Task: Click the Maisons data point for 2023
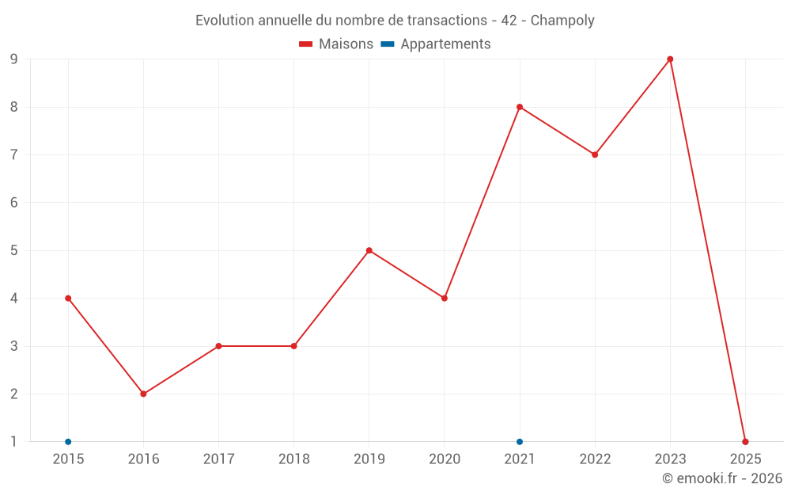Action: point(670,59)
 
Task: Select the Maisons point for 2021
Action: point(520,107)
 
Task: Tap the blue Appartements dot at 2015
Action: point(68,442)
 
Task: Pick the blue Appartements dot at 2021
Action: point(520,442)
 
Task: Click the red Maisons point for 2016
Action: point(143,394)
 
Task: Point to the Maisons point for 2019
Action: point(369,250)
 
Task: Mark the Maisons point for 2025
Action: point(745,442)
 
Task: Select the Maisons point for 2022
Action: point(595,154)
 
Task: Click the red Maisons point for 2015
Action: point(68,299)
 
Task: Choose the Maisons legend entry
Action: point(336,44)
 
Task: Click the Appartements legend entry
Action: point(436,44)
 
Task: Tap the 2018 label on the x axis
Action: point(293,459)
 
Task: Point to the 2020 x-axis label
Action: point(444,459)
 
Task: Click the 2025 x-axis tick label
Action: point(745,459)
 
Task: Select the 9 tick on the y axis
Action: point(13,59)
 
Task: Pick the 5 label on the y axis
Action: point(13,250)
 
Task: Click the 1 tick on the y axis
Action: point(13,442)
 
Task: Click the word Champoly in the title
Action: point(562,21)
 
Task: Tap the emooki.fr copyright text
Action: point(722,478)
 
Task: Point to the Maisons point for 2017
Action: point(218,346)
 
